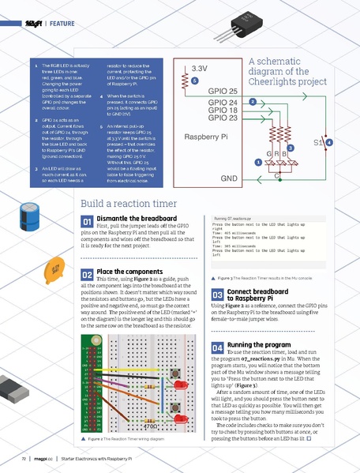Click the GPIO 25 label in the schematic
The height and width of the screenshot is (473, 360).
(x=223, y=92)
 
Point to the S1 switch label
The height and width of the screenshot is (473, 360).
(x=317, y=143)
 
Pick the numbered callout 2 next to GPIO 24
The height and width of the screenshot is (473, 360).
(x=252, y=102)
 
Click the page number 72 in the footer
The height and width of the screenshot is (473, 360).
(x=24, y=458)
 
